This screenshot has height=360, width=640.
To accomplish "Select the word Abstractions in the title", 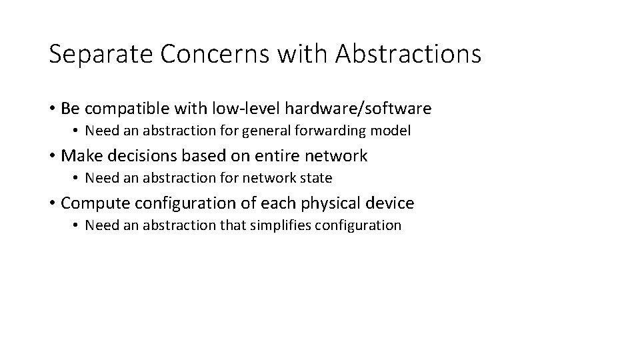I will point(408,54).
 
